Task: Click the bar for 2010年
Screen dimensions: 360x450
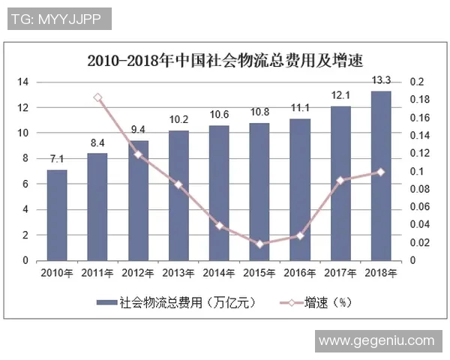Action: [57, 215]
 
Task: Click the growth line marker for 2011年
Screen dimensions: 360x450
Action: [97, 97]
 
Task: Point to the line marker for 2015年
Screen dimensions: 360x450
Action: [259, 244]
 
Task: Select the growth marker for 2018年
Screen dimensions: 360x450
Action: [381, 172]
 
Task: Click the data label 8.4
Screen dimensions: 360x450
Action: [97, 142]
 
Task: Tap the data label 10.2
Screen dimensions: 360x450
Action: [178, 119]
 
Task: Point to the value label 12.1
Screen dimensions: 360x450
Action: [340, 95]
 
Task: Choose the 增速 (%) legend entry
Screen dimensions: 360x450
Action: [318, 302]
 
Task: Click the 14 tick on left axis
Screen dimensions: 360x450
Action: [23, 82]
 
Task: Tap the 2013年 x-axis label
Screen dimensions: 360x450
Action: [178, 274]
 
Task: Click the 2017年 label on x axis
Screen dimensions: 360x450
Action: [340, 274]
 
